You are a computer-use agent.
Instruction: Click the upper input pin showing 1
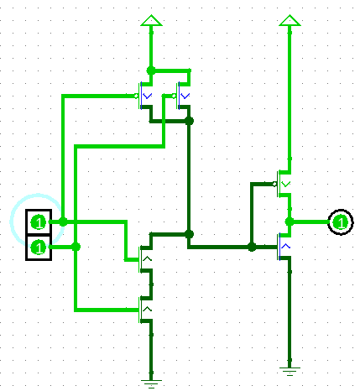pyautogui.click(x=39, y=222)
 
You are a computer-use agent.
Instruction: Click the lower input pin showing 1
pyautogui.click(x=39, y=248)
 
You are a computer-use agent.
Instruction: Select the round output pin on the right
pyautogui.click(x=341, y=222)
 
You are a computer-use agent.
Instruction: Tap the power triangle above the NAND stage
pyautogui.click(x=151, y=20)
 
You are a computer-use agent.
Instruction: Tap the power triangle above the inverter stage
pyautogui.click(x=290, y=20)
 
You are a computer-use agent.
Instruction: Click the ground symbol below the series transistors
pyautogui.click(x=151, y=383)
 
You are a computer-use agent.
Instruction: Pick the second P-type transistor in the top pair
pyautogui.click(x=182, y=96)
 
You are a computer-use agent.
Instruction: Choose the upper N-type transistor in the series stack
pyautogui.click(x=145, y=259)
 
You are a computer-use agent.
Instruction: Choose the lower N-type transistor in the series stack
pyautogui.click(x=145, y=310)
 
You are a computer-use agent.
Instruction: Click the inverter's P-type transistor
pyautogui.click(x=283, y=184)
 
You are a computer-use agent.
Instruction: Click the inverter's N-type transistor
pyautogui.click(x=284, y=247)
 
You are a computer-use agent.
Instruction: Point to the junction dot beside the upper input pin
pyautogui.click(x=63, y=222)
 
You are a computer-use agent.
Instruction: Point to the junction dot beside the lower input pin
pyautogui.click(x=76, y=247)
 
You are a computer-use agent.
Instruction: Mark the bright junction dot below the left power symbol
pyautogui.click(x=151, y=70)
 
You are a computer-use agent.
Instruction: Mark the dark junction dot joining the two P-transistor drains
pyautogui.click(x=190, y=121)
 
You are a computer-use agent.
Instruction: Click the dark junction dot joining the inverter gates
pyautogui.click(x=252, y=247)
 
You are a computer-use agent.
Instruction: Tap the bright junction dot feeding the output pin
pyautogui.click(x=290, y=222)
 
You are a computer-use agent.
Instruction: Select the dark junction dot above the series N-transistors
pyautogui.click(x=190, y=234)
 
